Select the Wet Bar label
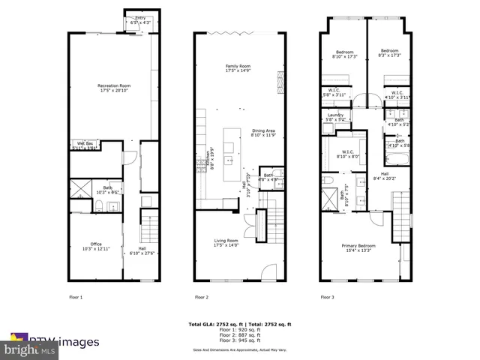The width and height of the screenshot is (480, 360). pyautogui.click(x=86, y=145)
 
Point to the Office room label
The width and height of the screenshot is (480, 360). pyautogui.click(x=95, y=246)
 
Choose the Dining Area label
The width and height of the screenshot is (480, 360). pyautogui.click(x=263, y=133)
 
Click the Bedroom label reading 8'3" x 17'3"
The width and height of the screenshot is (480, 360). pyautogui.click(x=388, y=52)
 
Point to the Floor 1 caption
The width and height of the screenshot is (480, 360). pyautogui.click(x=75, y=297)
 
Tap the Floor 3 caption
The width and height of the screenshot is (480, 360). pyautogui.click(x=327, y=297)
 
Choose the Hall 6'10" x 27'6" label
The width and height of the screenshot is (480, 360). pyautogui.click(x=142, y=250)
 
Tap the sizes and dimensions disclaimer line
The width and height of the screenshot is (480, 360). pyautogui.click(x=240, y=349)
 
